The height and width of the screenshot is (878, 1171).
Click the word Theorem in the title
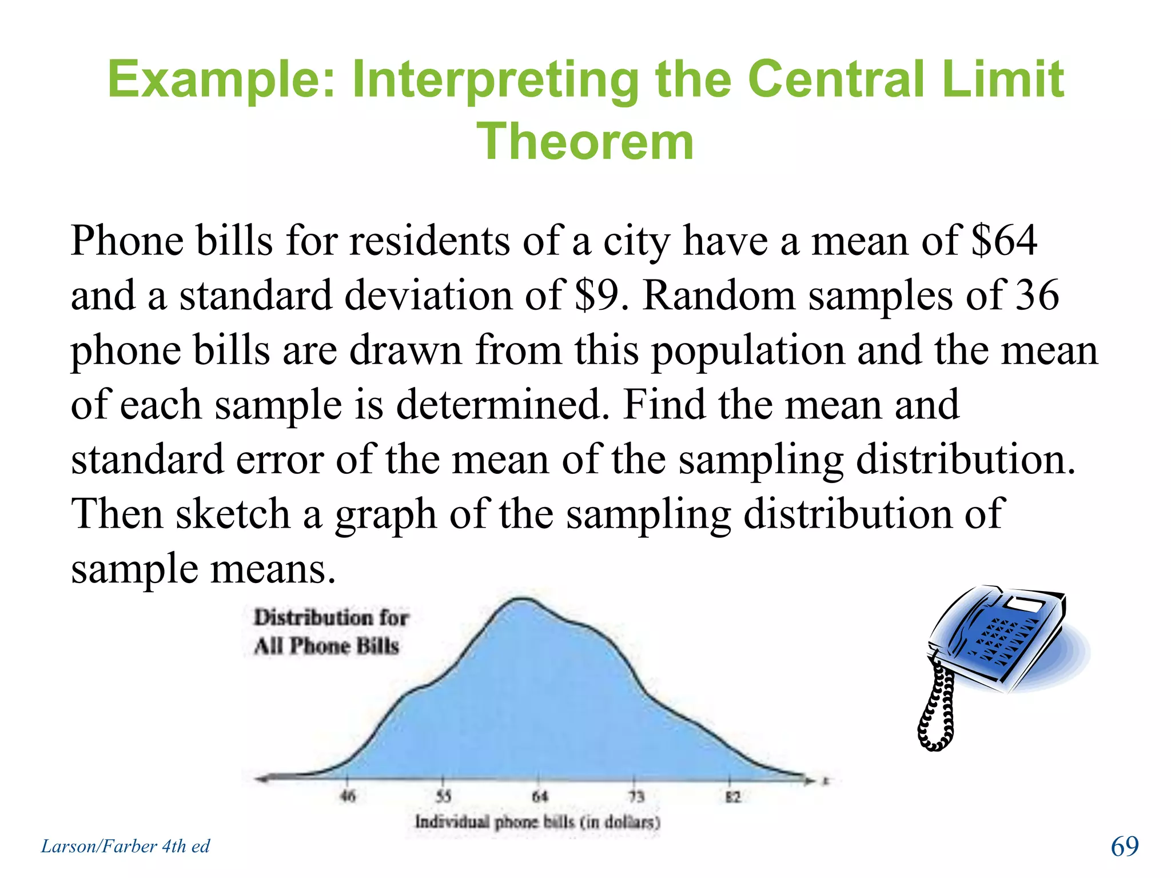(x=585, y=142)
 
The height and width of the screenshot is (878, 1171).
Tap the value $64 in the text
(x=1004, y=240)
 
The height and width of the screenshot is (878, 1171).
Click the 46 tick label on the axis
(x=348, y=796)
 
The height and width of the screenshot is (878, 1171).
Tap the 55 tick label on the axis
(x=444, y=796)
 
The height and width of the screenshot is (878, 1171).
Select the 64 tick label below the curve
(x=540, y=796)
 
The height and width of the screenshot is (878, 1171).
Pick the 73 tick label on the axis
(x=636, y=796)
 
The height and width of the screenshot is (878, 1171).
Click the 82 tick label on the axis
(x=732, y=796)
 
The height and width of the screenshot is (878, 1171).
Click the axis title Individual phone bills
(x=537, y=822)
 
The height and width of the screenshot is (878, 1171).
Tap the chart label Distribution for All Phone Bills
(x=330, y=632)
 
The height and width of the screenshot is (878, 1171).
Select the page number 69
(x=1124, y=846)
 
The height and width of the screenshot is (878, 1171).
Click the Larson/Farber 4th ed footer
(x=126, y=846)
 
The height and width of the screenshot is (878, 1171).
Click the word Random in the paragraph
(x=719, y=295)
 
